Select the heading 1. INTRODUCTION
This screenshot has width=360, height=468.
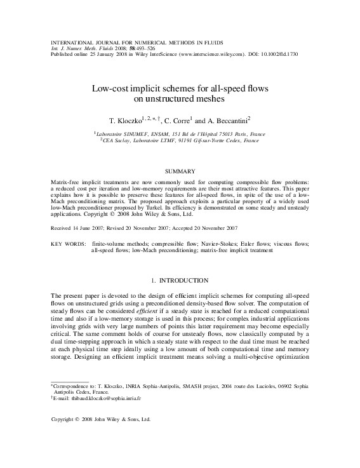pos(180,280)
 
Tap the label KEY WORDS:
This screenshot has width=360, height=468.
pos(68,243)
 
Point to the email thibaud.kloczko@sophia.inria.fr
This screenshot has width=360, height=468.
pos(98,399)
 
